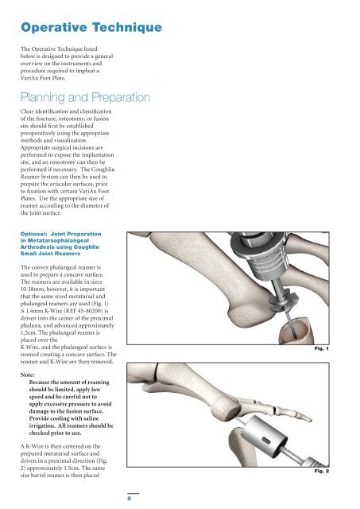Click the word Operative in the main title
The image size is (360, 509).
pos(54,27)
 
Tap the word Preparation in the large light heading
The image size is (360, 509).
pos(121,97)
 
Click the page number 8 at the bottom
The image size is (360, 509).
pos(129,498)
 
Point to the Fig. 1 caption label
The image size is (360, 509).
pos(321,348)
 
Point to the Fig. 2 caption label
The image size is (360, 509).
pos(321,471)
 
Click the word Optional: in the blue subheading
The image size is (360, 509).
pos(34,234)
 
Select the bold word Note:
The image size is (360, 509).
pos(28,375)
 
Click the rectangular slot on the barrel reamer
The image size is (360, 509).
pos(266,441)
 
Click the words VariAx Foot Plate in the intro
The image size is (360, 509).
pos(43,78)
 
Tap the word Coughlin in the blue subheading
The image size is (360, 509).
pos(87,247)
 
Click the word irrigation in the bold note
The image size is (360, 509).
pos(42,426)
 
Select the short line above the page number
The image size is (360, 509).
pos(133,493)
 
